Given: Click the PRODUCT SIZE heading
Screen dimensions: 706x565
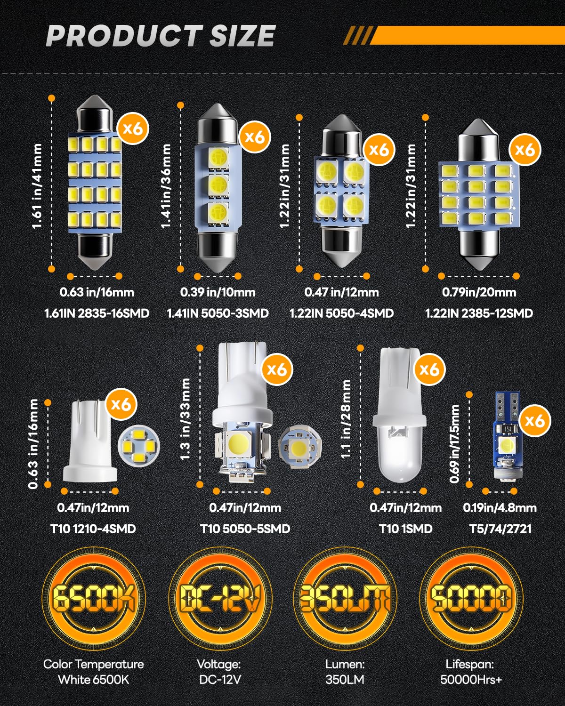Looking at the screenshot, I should click(160, 36).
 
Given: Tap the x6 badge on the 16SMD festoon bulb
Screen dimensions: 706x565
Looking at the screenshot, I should click(133, 128).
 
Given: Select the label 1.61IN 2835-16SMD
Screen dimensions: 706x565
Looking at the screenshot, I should click(97, 313).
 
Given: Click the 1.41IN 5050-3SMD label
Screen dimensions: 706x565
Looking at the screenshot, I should click(218, 313).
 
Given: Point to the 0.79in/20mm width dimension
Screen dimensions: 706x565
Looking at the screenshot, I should click(479, 292).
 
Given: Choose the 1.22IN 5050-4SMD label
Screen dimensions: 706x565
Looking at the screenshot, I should click(341, 313).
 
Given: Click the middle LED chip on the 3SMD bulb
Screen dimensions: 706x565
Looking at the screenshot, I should click(217, 184).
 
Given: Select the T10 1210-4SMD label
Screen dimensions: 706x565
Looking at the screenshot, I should click(93, 529).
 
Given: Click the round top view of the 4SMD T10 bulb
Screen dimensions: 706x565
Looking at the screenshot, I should click(139, 444).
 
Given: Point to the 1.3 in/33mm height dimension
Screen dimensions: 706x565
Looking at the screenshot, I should click(185, 419).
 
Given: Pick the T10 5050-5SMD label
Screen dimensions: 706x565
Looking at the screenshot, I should click(245, 529).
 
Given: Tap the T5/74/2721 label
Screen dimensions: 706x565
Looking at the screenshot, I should click(500, 529).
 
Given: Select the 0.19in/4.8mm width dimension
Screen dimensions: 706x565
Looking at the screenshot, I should click(500, 508).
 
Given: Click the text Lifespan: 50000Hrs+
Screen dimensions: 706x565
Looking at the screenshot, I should click(470, 672).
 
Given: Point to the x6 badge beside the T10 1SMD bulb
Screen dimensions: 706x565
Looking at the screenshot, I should click(429, 369).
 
